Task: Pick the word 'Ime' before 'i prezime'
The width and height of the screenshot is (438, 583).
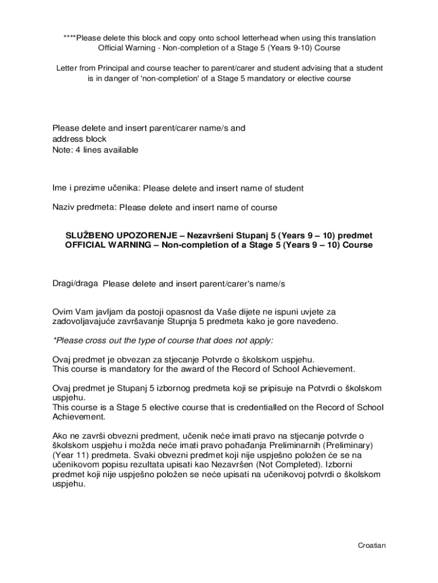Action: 60,188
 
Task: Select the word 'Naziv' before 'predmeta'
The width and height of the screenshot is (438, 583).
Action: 64,207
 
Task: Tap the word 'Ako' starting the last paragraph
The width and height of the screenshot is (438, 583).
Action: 60,436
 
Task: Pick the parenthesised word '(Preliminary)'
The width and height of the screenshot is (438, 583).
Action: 348,445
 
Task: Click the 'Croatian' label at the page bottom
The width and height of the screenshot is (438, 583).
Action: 372,545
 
